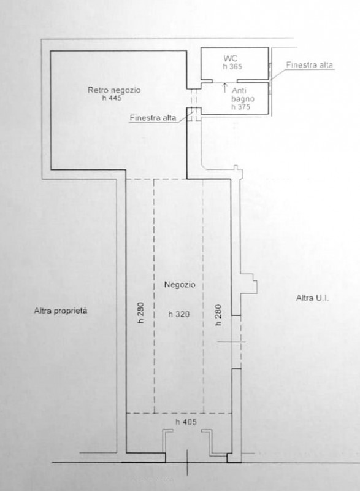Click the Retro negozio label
[114, 91]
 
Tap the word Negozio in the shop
[179, 285]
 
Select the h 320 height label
[179, 314]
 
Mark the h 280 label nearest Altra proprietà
[139, 314]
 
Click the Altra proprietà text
[61, 311]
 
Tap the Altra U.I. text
[313, 298]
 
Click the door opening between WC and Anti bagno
[224, 81]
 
